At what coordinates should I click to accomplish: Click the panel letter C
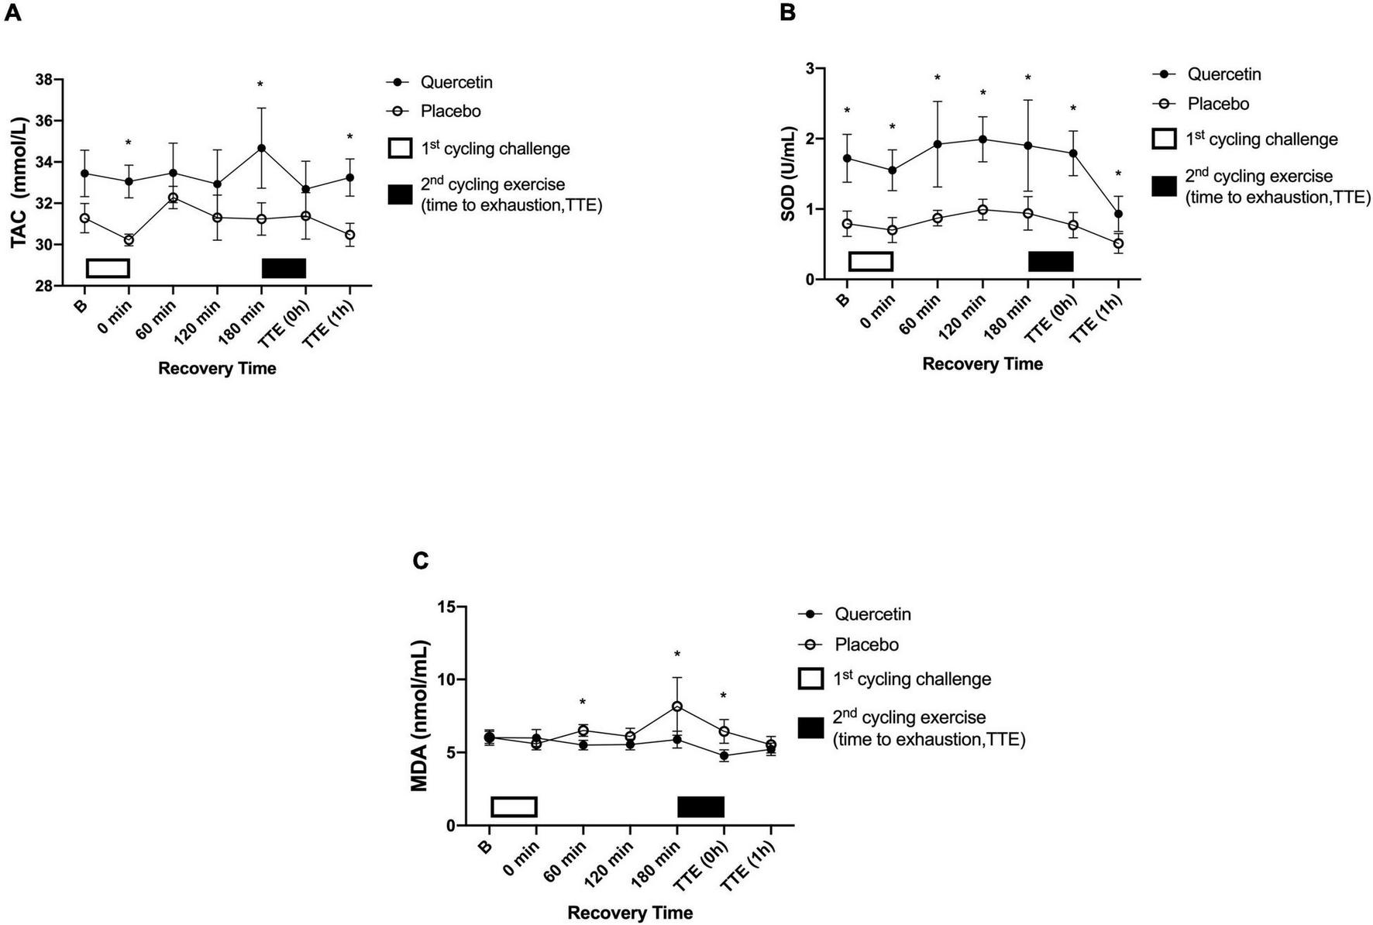(421, 560)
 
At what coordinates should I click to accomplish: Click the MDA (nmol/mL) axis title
(419, 715)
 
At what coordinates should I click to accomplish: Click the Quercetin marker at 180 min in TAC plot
(262, 148)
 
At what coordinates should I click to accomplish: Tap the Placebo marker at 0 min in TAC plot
(129, 240)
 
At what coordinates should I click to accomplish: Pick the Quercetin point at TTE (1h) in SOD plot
(1118, 214)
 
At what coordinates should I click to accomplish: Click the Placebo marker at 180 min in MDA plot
(677, 707)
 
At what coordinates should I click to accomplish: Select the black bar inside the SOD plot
(1051, 261)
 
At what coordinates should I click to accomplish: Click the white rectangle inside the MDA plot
(514, 806)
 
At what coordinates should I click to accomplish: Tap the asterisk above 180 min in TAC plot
(261, 85)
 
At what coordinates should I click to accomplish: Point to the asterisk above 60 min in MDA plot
(583, 703)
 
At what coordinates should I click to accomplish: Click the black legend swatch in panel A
(400, 194)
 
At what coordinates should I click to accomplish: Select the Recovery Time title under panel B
(982, 363)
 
